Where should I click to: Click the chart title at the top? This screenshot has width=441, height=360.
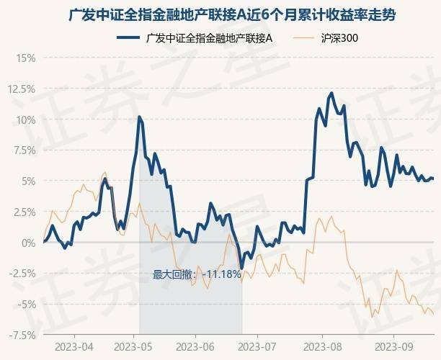220,14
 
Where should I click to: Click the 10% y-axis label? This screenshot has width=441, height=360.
24,120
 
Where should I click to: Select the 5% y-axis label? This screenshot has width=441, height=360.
27,181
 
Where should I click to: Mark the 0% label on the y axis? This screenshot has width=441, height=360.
27,243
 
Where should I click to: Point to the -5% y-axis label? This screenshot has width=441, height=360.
25,305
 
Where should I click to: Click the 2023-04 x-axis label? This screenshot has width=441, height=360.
74,346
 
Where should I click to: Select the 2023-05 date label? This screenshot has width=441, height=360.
135,346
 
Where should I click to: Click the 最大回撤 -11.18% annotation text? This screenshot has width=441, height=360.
197,274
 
